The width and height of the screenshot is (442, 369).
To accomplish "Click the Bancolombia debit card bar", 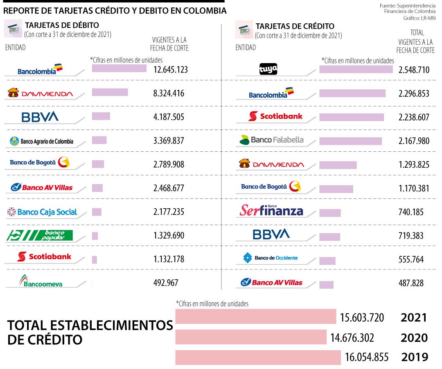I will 119,68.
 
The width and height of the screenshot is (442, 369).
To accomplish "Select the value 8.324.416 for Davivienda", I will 169,93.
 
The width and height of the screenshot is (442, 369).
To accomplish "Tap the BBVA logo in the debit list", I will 40,117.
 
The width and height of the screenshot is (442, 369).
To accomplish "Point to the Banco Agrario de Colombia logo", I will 41,141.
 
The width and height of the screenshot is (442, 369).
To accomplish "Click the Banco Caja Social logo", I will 42,212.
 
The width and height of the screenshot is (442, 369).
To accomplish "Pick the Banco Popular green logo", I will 40,235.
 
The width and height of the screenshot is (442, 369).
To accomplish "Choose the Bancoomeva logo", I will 41,281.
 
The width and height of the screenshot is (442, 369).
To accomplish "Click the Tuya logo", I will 268,69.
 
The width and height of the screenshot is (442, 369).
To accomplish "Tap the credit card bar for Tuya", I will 356,69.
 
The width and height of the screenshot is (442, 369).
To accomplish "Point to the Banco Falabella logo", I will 272,140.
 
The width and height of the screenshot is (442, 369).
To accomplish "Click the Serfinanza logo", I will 271,211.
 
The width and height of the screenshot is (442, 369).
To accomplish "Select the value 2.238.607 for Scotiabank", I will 414,117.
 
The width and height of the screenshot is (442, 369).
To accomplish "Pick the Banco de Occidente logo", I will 271,258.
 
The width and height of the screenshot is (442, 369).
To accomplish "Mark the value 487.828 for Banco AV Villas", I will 411,283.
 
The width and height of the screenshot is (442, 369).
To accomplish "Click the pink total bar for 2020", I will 250,337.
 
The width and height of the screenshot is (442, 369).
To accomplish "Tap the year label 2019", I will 415,357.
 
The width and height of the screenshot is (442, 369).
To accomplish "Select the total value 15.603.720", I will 362,318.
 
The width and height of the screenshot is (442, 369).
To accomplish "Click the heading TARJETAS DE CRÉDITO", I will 295,27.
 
